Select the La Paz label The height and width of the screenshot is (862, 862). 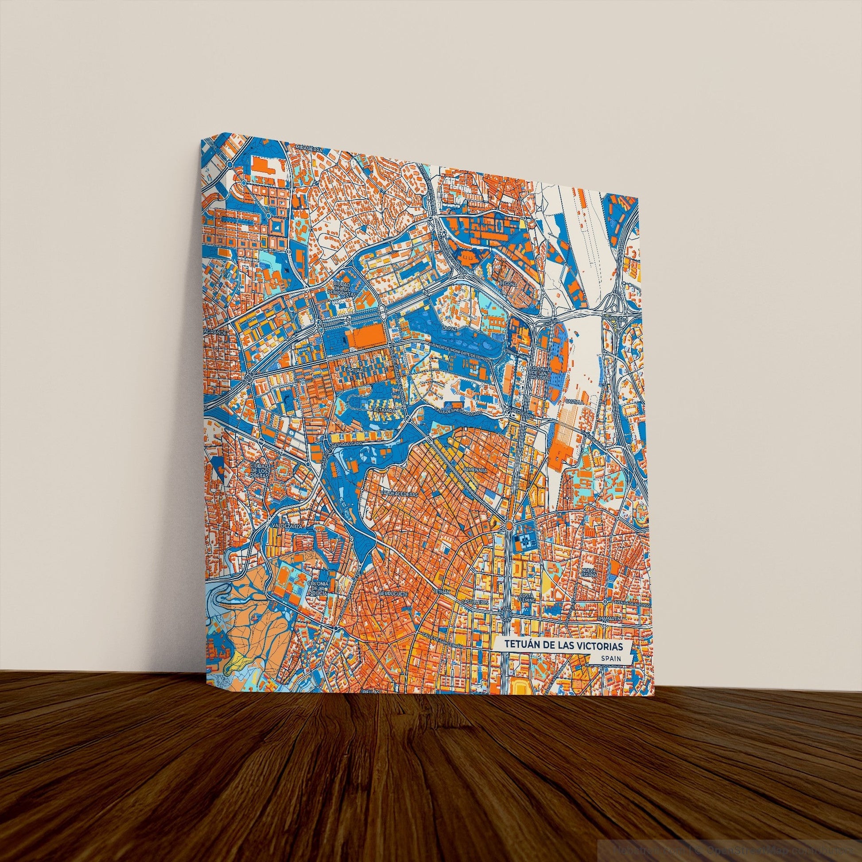447,328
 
